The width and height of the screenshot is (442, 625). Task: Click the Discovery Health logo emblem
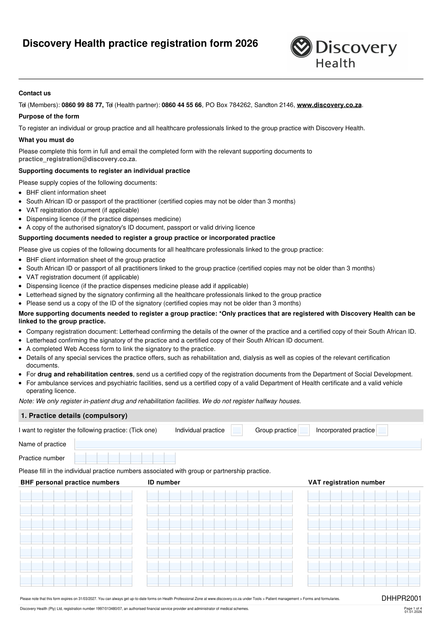coord(301,47)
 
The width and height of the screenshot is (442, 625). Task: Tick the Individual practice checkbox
coord(237,430)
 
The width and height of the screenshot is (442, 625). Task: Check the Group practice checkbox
coord(304,430)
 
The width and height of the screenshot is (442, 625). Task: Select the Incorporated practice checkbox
coord(382,430)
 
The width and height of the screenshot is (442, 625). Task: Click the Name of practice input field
coord(248,444)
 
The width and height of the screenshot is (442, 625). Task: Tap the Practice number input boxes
coord(125,458)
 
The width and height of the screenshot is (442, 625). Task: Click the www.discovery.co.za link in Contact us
coord(329,105)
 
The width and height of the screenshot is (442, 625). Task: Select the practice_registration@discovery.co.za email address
coord(77,159)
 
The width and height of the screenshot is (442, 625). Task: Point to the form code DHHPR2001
coord(401,599)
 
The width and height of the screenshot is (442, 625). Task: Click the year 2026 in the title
coord(246,44)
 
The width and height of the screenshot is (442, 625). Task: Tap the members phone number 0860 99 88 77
coord(82,105)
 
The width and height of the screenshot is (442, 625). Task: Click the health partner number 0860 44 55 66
coord(182,105)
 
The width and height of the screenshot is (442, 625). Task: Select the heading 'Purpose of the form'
coord(49,117)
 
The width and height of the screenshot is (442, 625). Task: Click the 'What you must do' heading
coord(46,140)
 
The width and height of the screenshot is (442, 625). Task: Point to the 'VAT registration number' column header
coord(346,483)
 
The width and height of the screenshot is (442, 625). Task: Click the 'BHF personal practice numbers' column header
coord(70,483)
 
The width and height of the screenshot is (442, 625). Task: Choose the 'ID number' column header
coord(164,483)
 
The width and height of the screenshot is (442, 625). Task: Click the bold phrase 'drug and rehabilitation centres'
coord(85,374)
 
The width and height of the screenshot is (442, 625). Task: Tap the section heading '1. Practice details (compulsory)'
coord(74,416)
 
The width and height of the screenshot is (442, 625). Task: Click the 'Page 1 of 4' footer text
coord(413,608)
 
